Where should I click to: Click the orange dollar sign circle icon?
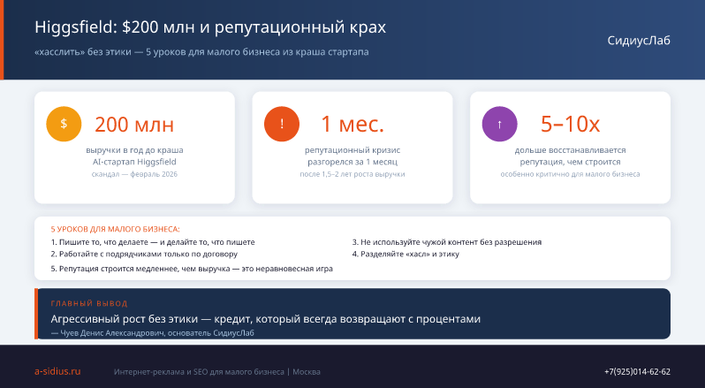point(64,124)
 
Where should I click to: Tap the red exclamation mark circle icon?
point(282,124)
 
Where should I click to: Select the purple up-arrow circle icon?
point(499,124)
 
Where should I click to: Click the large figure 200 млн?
point(134,125)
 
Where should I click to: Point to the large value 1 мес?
point(352,125)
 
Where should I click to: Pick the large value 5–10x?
point(570,125)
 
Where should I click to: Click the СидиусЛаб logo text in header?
point(639,41)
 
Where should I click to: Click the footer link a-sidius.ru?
point(57,371)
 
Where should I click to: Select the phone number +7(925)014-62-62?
point(637,372)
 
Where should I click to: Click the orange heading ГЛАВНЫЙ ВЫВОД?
point(89,303)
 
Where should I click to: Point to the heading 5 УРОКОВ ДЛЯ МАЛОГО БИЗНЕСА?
point(115,229)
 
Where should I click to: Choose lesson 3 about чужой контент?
point(447,242)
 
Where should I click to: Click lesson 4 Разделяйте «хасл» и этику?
point(406,254)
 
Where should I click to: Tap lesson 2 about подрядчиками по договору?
point(144,254)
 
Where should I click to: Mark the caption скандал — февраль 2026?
point(134,174)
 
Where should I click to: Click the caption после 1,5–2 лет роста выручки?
point(352,174)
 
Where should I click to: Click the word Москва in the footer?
point(307,372)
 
